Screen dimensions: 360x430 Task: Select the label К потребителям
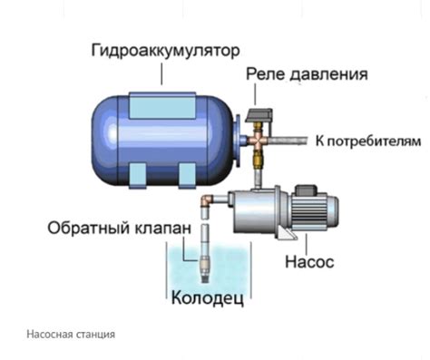click(368, 141)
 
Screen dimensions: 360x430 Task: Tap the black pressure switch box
click(262, 113)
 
